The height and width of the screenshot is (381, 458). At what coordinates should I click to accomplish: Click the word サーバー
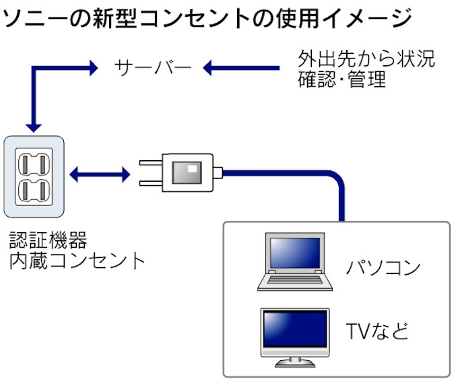(154, 67)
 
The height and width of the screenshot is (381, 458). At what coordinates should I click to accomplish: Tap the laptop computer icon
(295, 262)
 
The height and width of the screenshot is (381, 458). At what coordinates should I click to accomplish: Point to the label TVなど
(377, 331)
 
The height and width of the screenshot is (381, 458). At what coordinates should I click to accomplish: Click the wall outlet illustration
(34, 176)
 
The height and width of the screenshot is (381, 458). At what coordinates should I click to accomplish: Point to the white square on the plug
(192, 168)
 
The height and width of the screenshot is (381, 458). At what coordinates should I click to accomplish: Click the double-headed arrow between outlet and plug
(100, 176)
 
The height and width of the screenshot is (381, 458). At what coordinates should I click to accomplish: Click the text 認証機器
(48, 240)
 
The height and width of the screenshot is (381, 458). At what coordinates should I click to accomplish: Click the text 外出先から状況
(366, 57)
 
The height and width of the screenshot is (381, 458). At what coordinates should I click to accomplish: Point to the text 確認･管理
(342, 79)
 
